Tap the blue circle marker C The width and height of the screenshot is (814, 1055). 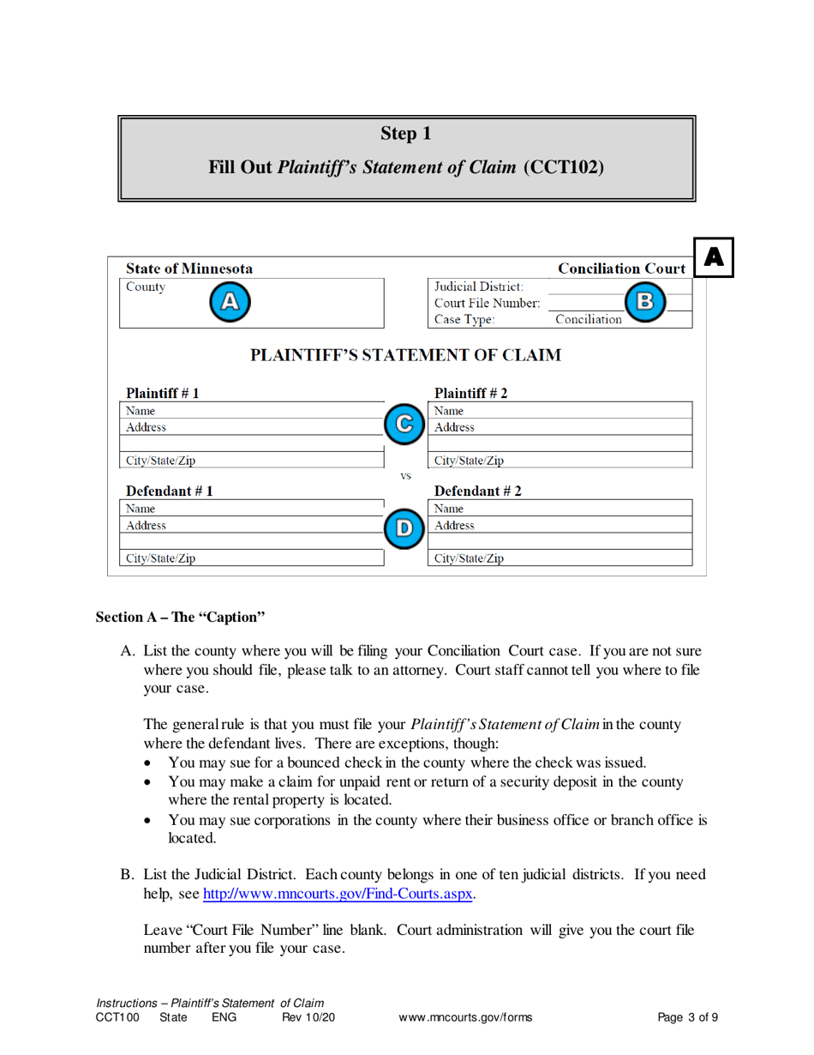pyautogui.click(x=405, y=423)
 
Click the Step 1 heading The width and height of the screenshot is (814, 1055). pyautogui.click(x=406, y=134)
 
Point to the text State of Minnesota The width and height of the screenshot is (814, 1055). pyautogui.click(x=189, y=268)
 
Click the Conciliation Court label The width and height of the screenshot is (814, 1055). pyautogui.click(x=621, y=268)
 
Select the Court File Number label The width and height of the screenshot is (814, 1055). pyautogui.click(x=487, y=303)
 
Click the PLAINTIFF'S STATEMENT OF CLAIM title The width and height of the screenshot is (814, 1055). pyautogui.click(x=406, y=355)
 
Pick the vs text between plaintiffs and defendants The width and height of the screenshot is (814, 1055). pyautogui.click(x=406, y=475)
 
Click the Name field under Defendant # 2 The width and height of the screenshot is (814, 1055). pyautogui.click(x=561, y=509)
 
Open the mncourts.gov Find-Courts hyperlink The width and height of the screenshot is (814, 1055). pyautogui.click(x=338, y=895)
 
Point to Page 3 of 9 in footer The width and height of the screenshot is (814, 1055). pyautogui.click(x=687, y=1018)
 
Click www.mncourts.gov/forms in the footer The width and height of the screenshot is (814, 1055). pyautogui.click(x=465, y=1018)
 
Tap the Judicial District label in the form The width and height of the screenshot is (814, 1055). pyautogui.click(x=480, y=286)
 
